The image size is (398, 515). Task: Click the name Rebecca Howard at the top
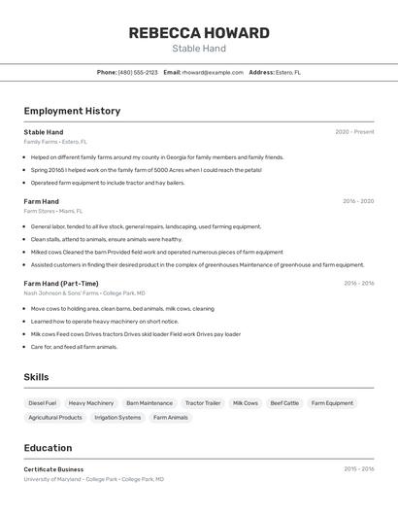pyautogui.click(x=199, y=33)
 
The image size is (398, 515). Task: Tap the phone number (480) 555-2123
pyautogui.click(x=138, y=72)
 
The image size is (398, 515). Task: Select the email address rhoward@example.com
pyautogui.click(x=213, y=72)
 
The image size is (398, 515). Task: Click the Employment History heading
pyautogui.click(x=72, y=111)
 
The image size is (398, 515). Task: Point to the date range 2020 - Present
pyautogui.click(x=354, y=132)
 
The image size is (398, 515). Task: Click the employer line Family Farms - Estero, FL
pyautogui.click(x=55, y=142)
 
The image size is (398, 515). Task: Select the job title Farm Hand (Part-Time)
pyautogui.click(x=61, y=284)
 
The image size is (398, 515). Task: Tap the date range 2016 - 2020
pyautogui.click(x=358, y=201)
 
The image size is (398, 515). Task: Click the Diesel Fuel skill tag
pyautogui.click(x=43, y=402)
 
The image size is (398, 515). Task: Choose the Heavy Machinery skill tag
pyautogui.click(x=91, y=402)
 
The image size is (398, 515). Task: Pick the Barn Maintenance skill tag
pyautogui.click(x=149, y=402)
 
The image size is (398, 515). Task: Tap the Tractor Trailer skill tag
pyautogui.click(x=203, y=402)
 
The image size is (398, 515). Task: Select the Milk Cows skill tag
pyautogui.click(x=246, y=402)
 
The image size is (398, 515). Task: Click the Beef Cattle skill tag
pyautogui.click(x=284, y=402)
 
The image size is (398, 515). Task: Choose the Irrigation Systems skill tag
pyautogui.click(x=117, y=417)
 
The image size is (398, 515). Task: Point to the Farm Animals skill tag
pyautogui.click(x=171, y=417)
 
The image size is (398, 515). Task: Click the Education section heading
pyautogui.click(x=48, y=448)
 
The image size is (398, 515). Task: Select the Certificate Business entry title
pyautogui.click(x=53, y=469)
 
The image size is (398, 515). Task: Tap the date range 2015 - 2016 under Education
pyautogui.click(x=358, y=469)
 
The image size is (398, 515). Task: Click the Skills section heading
pyautogui.click(x=37, y=377)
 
